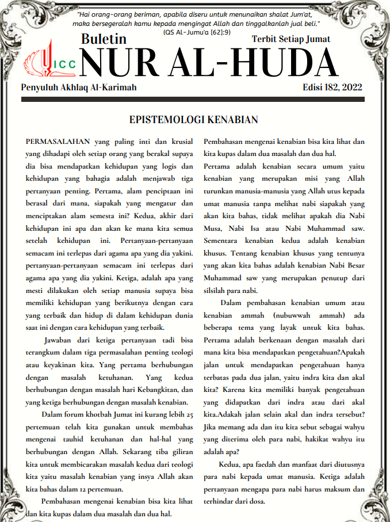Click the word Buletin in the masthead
click(x=104, y=39)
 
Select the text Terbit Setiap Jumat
click(x=291, y=39)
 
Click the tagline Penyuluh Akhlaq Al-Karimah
click(x=79, y=87)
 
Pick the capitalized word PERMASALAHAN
click(x=59, y=141)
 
